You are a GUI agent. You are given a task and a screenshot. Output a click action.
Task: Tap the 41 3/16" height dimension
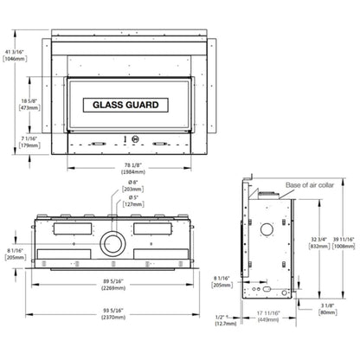click(x=13, y=54)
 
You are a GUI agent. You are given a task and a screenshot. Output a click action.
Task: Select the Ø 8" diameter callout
click(x=132, y=183)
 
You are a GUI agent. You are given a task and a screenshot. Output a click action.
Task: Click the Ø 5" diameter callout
click(x=132, y=197)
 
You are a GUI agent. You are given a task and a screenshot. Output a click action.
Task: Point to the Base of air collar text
click(x=309, y=185)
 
